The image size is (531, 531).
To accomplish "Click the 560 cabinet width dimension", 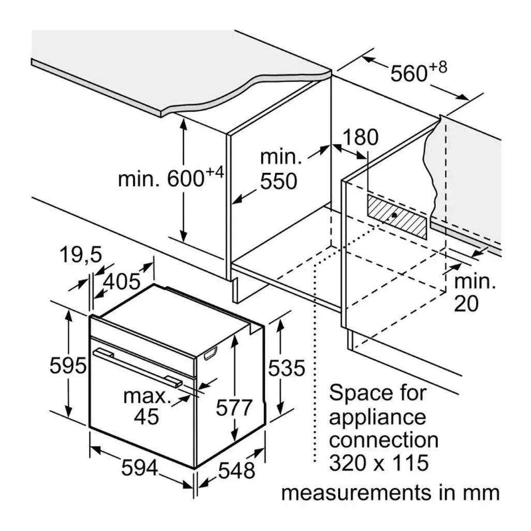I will pyautogui.click(x=417, y=73).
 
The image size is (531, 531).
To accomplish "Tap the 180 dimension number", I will pyautogui.click(x=361, y=137).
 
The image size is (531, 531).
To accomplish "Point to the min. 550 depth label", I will pyautogui.click(x=279, y=169).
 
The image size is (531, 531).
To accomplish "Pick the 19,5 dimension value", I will pyautogui.click(x=81, y=255).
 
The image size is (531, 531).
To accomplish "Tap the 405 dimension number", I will pyautogui.click(x=122, y=281).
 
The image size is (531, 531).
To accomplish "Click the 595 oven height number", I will pyautogui.click(x=68, y=366).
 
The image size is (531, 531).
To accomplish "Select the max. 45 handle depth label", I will pyautogui.click(x=146, y=407).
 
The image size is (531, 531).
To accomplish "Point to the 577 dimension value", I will pyautogui.click(x=234, y=408).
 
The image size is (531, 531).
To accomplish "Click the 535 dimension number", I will pyautogui.click(x=287, y=368).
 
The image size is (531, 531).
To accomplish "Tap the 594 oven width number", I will pyautogui.click(x=139, y=468).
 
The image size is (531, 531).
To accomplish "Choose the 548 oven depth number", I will pyautogui.click(x=237, y=470).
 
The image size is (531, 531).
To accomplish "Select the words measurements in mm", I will pyautogui.click(x=390, y=493).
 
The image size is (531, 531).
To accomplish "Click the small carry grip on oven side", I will pyautogui.click(x=211, y=354).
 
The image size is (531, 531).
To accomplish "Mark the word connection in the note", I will pyautogui.click(x=384, y=440).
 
